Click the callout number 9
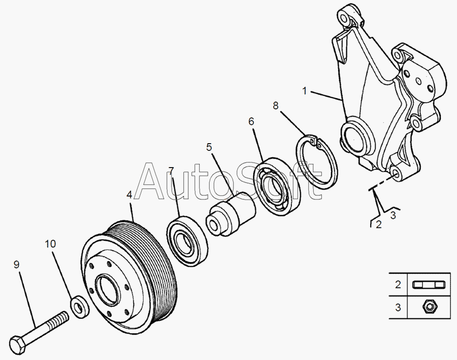[x=16, y=265]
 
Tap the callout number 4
[x=129, y=194]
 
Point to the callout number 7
[x=171, y=170]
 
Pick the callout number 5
[x=209, y=147]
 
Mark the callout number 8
[x=276, y=106]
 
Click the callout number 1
[x=305, y=91]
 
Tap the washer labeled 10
[x=79, y=306]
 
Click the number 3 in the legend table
[x=398, y=307]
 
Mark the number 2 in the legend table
[x=398, y=285]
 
